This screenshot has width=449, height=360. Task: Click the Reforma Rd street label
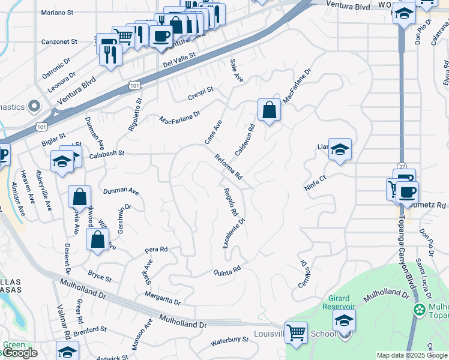point(229,166)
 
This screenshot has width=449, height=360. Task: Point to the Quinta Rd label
point(228,270)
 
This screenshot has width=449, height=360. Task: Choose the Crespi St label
point(200,93)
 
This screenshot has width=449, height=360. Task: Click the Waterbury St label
point(229,341)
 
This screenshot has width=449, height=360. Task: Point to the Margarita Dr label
point(162,298)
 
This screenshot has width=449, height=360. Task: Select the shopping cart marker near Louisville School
point(296,332)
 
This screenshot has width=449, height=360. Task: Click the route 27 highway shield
point(401,166)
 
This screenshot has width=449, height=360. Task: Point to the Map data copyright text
point(412,355)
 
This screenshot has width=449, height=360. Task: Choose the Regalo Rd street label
point(231,202)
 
